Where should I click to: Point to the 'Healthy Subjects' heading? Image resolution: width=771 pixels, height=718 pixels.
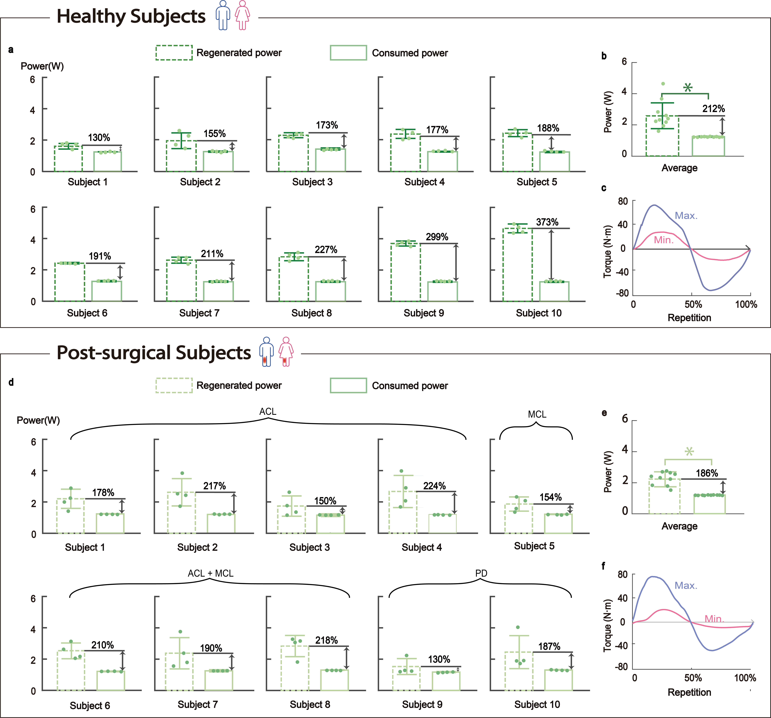(x=131, y=16)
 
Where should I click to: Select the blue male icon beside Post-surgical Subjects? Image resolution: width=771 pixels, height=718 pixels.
(x=266, y=352)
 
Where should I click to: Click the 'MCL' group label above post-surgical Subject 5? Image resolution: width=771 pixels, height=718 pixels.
(x=537, y=414)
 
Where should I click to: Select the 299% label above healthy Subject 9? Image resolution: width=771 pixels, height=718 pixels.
(x=437, y=237)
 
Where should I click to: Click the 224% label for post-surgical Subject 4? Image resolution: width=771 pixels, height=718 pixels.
(x=434, y=486)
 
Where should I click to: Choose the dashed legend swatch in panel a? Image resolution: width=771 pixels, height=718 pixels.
(x=174, y=53)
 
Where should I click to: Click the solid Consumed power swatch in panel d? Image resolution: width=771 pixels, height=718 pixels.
(x=348, y=385)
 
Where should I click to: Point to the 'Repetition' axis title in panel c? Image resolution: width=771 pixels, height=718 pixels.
(x=689, y=318)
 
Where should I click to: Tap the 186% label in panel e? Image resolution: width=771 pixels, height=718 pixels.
(x=707, y=473)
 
